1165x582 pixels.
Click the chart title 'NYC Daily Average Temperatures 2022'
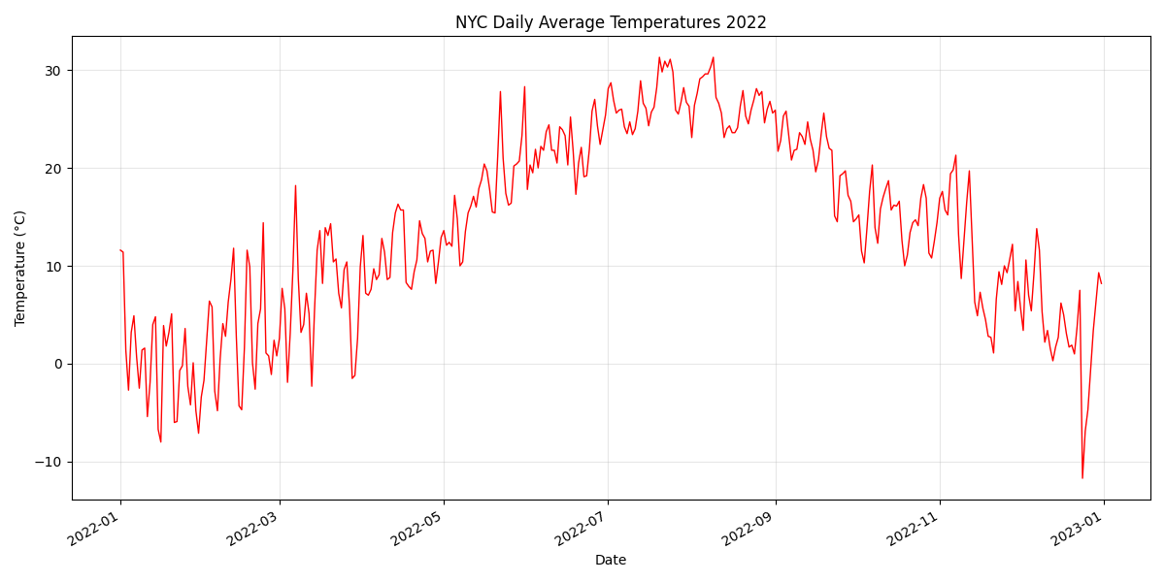[x=611, y=22]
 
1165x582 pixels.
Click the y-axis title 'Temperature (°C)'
[x=20, y=268]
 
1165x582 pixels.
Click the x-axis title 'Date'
[x=611, y=560]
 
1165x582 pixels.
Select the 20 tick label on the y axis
[x=50, y=169]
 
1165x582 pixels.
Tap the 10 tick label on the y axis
[x=50, y=267]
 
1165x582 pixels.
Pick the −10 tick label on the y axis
[x=46, y=462]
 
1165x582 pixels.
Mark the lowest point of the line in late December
[x=1082, y=477]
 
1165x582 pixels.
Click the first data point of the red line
[x=120, y=250]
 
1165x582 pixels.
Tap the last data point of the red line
[x=1101, y=283]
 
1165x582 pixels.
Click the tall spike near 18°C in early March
[x=295, y=185]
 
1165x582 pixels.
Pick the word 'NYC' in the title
[x=472, y=22]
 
